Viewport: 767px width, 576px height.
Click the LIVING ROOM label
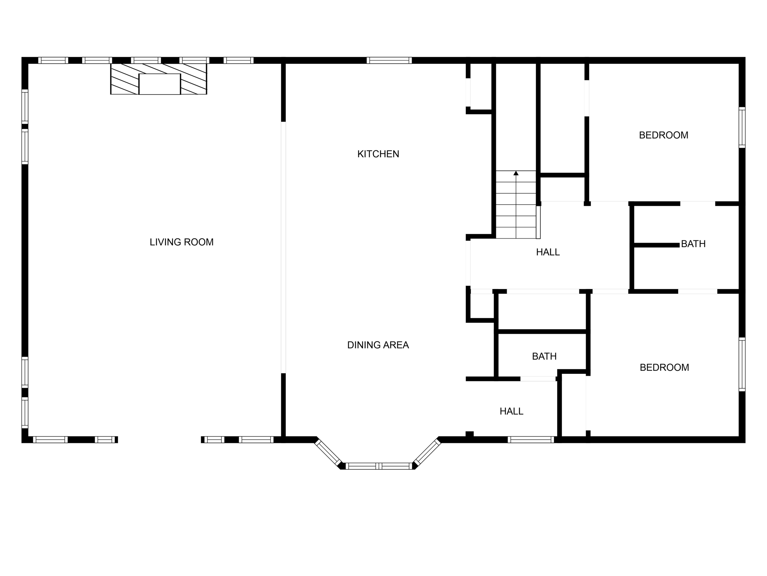point(182,242)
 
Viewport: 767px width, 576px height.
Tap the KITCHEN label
point(378,154)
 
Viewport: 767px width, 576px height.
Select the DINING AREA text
point(378,345)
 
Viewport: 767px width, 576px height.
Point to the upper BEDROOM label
point(663,135)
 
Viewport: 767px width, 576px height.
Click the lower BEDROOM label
point(664,367)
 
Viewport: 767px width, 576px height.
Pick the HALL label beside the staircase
point(548,252)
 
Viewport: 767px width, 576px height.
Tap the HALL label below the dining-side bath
point(511,411)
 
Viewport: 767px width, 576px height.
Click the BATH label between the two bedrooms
point(693,244)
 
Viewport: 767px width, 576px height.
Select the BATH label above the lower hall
point(544,356)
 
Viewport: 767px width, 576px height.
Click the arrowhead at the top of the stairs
point(516,173)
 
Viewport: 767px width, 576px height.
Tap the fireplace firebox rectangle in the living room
point(160,84)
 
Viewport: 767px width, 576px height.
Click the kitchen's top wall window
point(389,60)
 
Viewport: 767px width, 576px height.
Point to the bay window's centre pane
point(379,466)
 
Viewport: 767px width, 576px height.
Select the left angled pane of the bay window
point(328,452)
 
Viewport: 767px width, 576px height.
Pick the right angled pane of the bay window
point(427,452)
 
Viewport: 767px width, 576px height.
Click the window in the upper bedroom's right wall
point(742,127)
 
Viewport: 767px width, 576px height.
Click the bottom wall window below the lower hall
point(531,439)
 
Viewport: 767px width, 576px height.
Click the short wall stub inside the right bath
point(656,245)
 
